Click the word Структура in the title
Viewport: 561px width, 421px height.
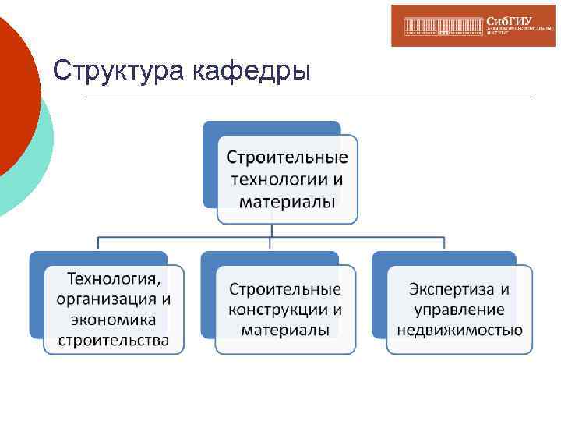click(108, 70)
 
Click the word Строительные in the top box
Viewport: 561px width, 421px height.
click(287, 157)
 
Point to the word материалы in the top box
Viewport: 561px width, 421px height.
click(287, 202)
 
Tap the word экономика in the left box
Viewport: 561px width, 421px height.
click(114, 320)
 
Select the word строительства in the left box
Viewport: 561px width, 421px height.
click(114, 340)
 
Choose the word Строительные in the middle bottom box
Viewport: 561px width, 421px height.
click(285, 289)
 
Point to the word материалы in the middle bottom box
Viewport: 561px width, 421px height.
click(285, 330)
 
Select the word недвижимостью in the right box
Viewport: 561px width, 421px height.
click(460, 330)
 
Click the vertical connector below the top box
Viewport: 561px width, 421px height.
click(271, 229)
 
